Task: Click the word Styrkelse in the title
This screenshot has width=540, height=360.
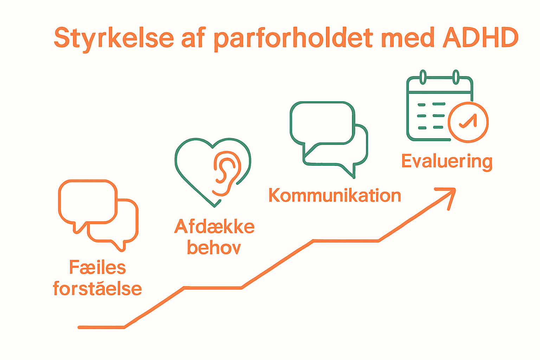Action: click(114, 38)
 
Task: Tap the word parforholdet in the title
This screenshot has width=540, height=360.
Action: click(294, 38)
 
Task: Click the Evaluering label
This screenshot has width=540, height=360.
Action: click(446, 162)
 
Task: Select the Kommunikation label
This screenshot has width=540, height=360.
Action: click(334, 195)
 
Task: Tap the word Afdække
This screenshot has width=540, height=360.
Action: click(214, 227)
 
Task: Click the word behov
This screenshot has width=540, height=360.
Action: click(214, 248)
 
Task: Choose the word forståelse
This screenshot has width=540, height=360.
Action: click(97, 289)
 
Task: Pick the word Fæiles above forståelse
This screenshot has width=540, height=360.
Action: click(97, 268)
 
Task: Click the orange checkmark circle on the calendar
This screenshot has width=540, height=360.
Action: click(468, 122)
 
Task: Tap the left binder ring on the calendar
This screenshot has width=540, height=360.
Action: click(423, 77)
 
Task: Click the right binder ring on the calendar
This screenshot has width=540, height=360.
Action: click(456, 77)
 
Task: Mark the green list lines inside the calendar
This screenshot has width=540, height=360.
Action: click(431, 116)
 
